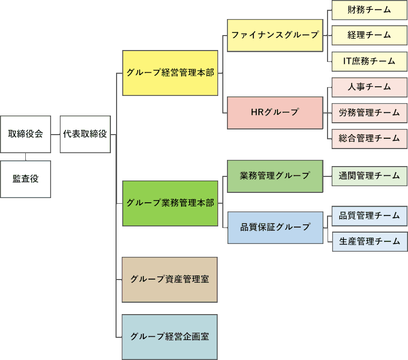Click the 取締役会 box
25,134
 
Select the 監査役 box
25,179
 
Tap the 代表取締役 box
85,134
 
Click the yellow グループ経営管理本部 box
170,73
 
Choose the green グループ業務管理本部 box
170,203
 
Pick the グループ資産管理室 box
170,280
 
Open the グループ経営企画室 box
170,337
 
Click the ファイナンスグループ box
275,36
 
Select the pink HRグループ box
275,112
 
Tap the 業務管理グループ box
275,176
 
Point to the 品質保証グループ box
275,227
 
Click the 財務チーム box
369,10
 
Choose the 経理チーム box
369,36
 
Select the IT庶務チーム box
369,61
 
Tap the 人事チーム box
369,87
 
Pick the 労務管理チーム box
369,112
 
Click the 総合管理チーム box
369,138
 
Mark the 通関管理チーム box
369,176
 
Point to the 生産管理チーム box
369,241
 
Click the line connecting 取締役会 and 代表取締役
55,134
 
